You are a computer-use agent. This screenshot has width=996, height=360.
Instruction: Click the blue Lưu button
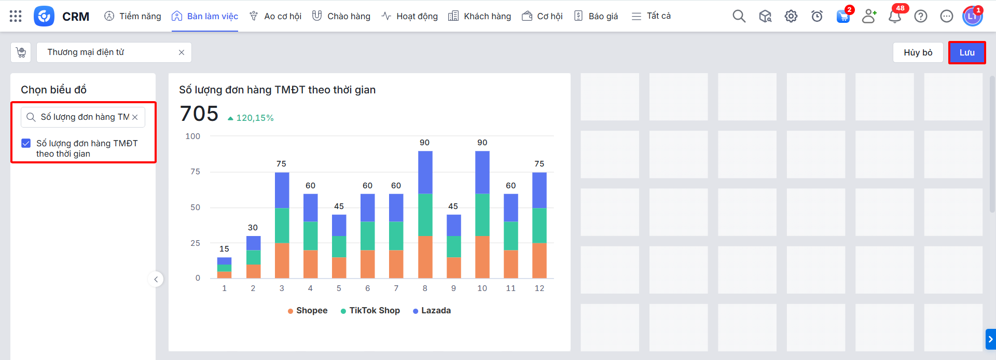pyautogui.click(x=966, y=52)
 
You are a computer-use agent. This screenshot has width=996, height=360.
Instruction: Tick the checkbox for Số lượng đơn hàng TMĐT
pyautogui.click(x=26, y=143)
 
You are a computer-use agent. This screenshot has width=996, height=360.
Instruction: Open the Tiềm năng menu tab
pyautogui.click(x=133, y=16)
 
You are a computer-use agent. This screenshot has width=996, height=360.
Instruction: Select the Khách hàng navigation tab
pyautogui.click(x=480, y=16)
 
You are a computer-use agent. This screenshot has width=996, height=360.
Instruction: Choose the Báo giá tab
pyautogui.click(x=597, y=16)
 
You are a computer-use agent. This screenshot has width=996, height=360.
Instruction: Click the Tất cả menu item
pyautogui.click(x=652, y=16)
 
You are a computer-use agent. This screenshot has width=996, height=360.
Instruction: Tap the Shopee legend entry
pyautogui.click(x=308, y=311)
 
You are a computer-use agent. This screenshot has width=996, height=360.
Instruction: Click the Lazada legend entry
pyautogui.click(x=432, y=311)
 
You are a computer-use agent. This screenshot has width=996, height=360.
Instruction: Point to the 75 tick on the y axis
pyautogui.click(x=195, y=172)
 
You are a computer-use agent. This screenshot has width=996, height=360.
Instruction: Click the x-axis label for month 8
pyautogui.click(x=425, y=288)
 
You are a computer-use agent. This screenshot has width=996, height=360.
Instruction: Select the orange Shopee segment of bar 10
pyautogui.click(x=482, y=257)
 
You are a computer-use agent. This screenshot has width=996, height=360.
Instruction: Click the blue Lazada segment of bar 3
pyautogui.click(x=282, y=190)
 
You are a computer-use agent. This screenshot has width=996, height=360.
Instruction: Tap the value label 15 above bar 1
pyautogui.click(x=224, y=249)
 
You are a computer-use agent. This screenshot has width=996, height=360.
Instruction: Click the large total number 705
pyautogui.click(x=199, y=114)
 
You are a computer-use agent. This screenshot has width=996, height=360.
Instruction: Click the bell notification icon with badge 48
pyautogui.click(x=895, y=17)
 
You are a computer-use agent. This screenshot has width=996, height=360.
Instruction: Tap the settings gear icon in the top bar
pyautogui.click(x=791, y=17)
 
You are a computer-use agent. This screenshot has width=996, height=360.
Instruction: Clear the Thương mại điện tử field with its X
pyautogui.click(x=182, y=52)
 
